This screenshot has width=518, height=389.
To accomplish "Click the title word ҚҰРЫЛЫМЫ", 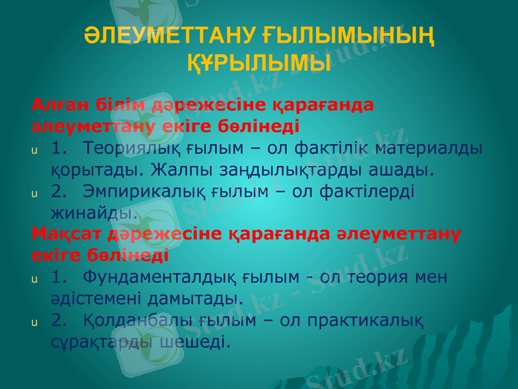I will pos(259,63).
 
